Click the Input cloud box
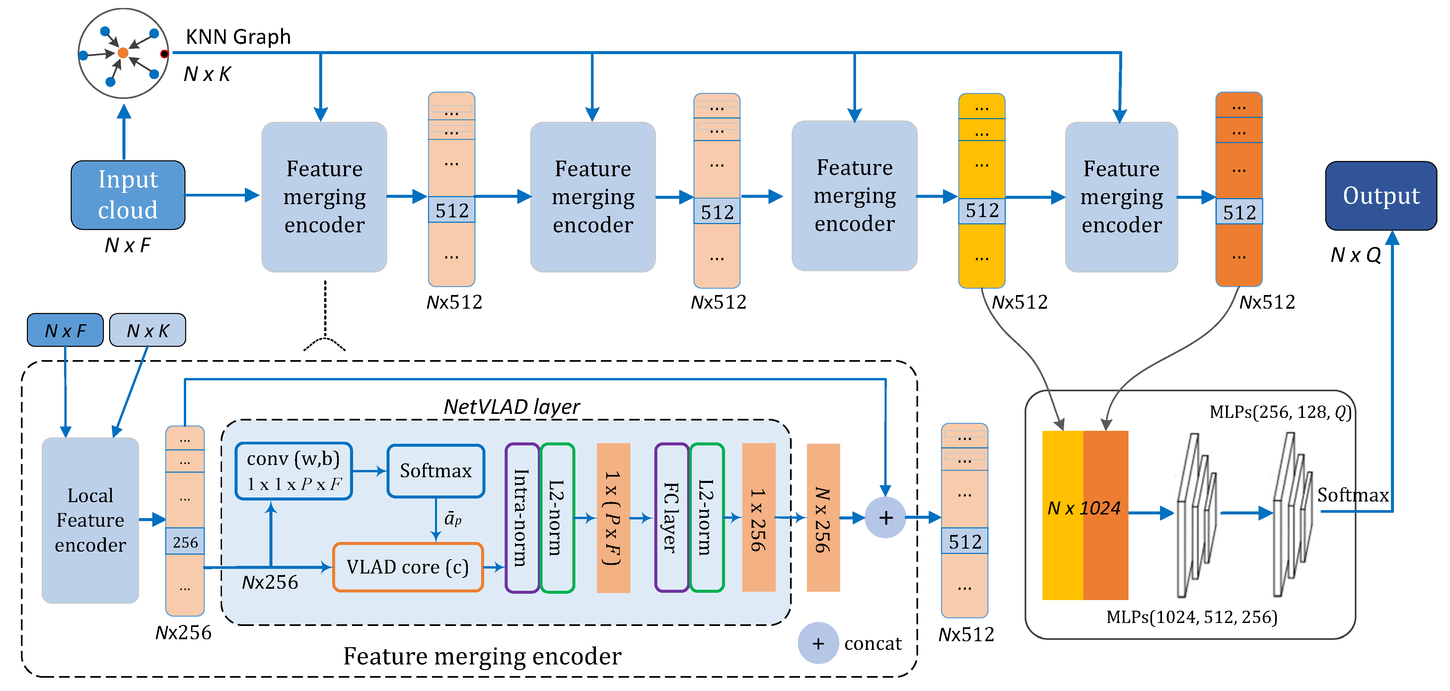coord(128,195)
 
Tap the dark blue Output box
coord(1381,196)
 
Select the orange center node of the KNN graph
coord(123,53)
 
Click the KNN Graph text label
coord(238,37)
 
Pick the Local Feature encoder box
coord(90,520)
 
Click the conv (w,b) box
coord(293,471)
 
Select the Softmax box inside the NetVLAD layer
coord(436,471)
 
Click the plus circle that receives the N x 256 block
coord(885,517)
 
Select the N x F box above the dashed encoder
coord(65,331)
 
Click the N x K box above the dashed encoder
coord(147,331)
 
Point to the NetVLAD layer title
coord(511,407)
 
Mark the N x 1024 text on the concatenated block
coord(1084,508)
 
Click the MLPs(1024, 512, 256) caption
coord(1192,617)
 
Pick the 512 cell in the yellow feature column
coord(982,211)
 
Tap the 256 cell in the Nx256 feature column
coord(185,542)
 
